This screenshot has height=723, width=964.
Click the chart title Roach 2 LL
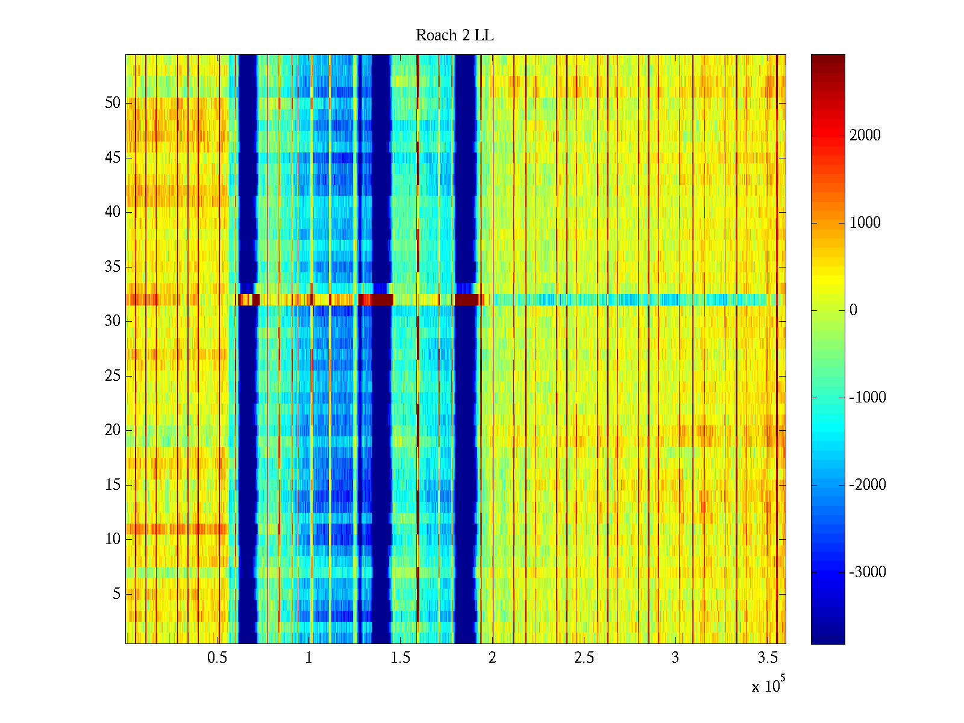click(x=454, y=36)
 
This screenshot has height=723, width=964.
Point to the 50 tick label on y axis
click(x=113, y=103)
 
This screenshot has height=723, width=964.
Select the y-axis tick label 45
click(x=113, y=158)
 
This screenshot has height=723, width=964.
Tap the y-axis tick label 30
click(x=113, y=321)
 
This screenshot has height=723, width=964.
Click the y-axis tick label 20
click(x=113, y=430)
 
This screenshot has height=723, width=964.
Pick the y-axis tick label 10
click(x=113, y=539)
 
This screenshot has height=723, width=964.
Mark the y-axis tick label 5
click(x=116, y=594)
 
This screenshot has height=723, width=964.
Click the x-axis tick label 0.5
click(x=217, y=658)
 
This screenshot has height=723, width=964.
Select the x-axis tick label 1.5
click(x=401, y=658)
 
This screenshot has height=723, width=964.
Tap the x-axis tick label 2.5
click(x=584, y=658)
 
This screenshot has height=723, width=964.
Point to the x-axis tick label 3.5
click(x=767, y=658)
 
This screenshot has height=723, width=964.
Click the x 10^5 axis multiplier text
click(x=768, y=686)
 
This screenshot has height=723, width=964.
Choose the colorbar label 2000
click(x=865, y=136)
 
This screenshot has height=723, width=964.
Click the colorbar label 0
click(x=853, y=310)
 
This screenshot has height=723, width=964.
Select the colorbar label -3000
click(x=868, y=572)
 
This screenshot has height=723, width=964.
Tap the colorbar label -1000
click(x=868, y=398)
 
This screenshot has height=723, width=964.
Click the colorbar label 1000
click(x=865, y=223)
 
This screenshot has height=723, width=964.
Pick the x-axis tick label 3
click(x=675, y=658)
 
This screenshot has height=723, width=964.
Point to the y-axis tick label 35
click(x=113, y=267)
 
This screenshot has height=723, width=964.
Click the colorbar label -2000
click(x=868, y=485)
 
